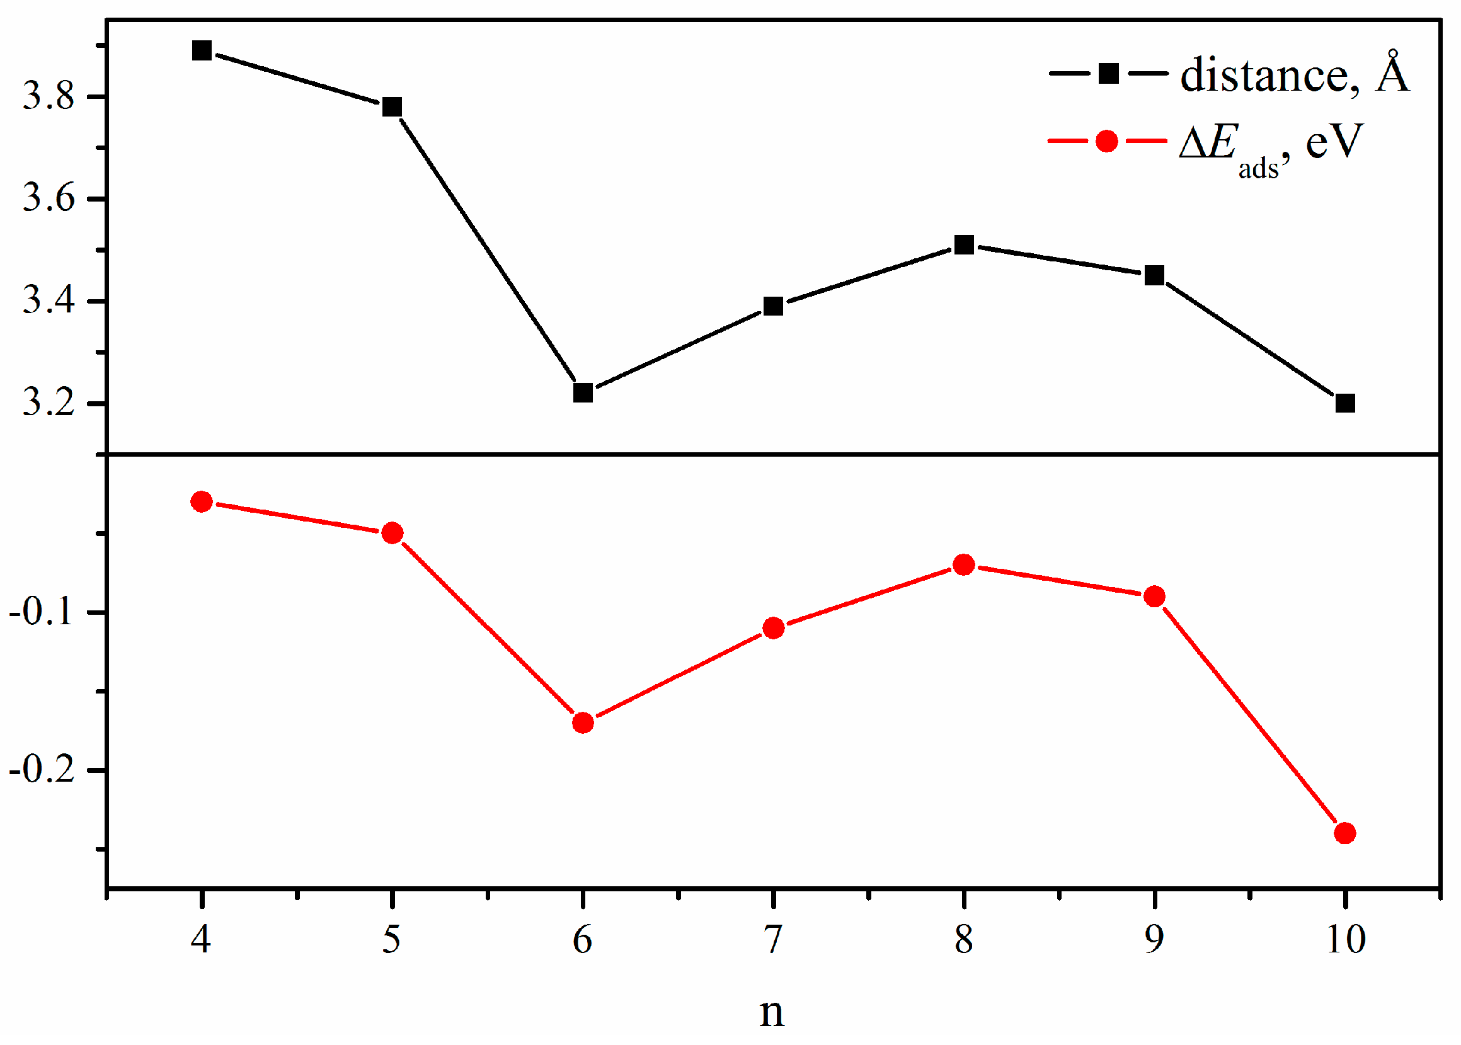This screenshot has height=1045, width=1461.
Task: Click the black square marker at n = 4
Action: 202,50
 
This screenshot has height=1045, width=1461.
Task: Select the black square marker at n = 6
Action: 583,392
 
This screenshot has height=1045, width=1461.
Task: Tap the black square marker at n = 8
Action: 963,244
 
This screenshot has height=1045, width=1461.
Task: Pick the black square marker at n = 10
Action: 1345,404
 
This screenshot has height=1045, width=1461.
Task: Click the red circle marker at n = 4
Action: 202,502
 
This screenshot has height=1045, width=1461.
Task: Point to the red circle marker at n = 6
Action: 583,722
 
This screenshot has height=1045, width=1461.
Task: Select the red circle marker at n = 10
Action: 1345,833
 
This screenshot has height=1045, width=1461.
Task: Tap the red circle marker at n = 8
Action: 963,565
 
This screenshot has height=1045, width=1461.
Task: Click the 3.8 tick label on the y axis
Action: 49,97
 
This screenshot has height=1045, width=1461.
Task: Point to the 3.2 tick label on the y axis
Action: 49,404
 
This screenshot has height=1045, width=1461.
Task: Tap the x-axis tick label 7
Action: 773,939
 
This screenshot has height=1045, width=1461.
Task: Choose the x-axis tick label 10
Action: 1345,939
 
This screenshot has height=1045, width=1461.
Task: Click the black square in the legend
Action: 1108,73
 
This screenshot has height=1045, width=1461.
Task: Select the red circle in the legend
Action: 1106,140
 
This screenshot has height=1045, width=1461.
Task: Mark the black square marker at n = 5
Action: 392,107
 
